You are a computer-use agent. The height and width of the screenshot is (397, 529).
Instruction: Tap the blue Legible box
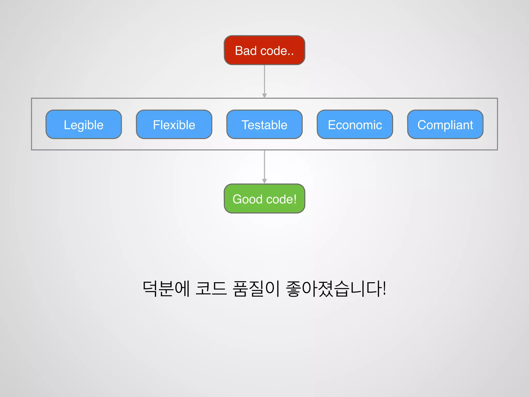coord(83,125)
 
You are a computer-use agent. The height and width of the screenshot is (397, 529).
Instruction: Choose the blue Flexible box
coord(174,125)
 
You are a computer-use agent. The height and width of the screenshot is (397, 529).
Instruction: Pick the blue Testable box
coord(264,125)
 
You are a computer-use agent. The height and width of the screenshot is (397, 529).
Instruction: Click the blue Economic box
coord(355,125)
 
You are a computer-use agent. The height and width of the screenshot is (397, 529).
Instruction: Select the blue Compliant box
coord(445,125)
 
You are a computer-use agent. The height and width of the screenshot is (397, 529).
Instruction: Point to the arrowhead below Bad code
coord(264,96)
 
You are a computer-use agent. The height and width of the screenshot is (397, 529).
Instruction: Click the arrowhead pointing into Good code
coord(264,181)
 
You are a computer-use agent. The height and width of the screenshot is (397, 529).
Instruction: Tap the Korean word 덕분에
coord(166,288)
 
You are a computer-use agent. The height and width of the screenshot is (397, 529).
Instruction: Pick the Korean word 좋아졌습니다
coord(333,288)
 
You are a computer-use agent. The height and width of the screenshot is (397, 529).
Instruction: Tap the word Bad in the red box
coord(246,51)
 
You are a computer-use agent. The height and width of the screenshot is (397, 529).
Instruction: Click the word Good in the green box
coord(247,199)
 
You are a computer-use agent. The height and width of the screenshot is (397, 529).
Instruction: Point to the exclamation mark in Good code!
coord(295,199)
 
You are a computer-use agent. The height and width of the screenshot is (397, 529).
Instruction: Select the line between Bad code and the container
coord(264,79)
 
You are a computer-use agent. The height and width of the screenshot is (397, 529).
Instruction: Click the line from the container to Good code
coord(264,164)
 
